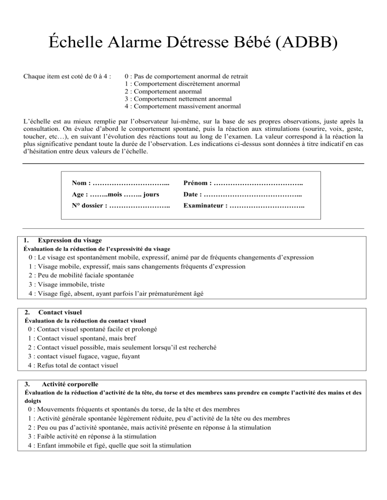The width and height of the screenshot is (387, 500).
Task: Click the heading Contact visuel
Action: click(60, 312)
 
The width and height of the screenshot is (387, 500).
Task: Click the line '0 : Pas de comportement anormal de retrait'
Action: click(186, 76)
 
